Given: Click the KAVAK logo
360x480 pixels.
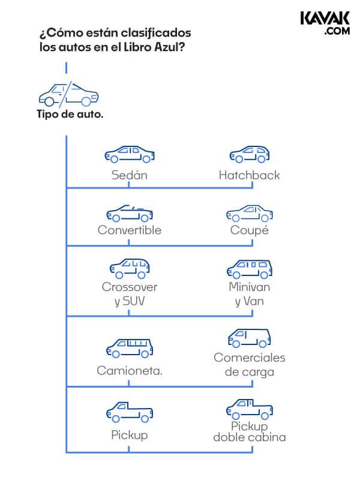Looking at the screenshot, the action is pos(325,23).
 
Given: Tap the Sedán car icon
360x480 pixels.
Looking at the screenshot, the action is pos(130,154).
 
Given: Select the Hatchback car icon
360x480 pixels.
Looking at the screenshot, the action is pos(250,154).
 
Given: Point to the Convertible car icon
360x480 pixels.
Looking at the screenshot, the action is pos(130,214).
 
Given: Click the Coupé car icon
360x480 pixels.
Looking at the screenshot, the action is pos(250,214).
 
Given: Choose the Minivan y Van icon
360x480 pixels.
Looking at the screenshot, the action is pos(250,269).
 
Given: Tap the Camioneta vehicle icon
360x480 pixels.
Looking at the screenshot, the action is pos(130,349).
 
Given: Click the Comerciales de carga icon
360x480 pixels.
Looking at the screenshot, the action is pos(250,338).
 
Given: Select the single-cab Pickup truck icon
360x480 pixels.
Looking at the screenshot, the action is pos(130,412).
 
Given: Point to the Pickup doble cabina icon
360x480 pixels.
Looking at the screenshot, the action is pos(250,409).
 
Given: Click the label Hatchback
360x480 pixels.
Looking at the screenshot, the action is pos(249,175).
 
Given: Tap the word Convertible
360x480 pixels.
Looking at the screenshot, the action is pos(130,230).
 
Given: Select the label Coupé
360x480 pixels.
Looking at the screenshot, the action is pos(250,230).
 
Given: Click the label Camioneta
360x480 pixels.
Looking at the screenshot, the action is pos(130,371).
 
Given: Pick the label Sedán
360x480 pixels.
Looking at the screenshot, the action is pos(130,175).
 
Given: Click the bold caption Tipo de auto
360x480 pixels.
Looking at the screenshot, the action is pos(70,114).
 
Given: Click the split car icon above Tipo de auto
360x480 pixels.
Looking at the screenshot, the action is pos(68,94).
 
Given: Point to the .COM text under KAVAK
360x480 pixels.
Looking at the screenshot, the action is pos(337,31).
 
